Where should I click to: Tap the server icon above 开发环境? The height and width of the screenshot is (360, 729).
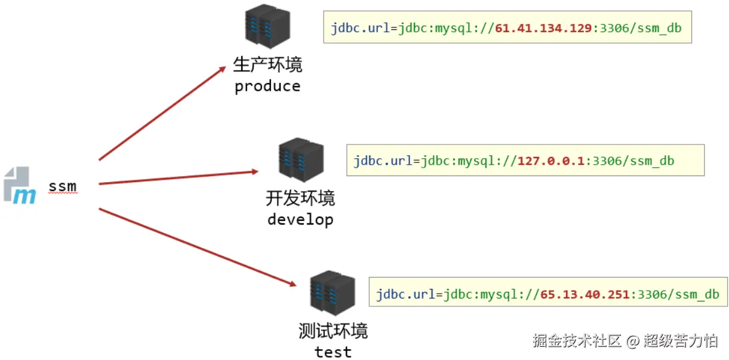[x=300, y=161]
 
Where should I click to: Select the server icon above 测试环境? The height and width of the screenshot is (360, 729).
[x=333, y=294]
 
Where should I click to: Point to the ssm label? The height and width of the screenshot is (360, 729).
[x=63, y=186]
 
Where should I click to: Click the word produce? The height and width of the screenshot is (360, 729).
[x=267, y=87]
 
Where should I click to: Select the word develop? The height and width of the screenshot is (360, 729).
[x=300, y=220]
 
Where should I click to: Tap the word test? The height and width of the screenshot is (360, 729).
[x=333, y=352]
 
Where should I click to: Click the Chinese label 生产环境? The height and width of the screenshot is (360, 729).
[x=267, y=64]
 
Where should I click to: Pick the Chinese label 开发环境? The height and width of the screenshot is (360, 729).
[x=300, y=198]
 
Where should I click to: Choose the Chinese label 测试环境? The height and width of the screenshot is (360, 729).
[x=333, y=331]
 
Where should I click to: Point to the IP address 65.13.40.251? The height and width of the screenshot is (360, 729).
[x=585, y=294]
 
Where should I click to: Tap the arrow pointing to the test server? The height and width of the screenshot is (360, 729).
[x=197, y=247]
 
